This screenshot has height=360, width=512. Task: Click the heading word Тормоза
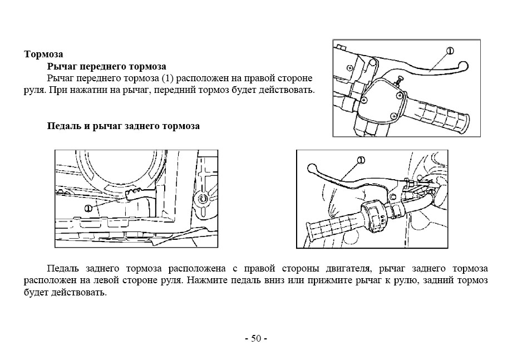click(43, 54)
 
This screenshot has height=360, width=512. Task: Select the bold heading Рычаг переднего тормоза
click(107, 66)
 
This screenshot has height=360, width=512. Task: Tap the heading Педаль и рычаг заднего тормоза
click(124, 126)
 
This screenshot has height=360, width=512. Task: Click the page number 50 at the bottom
click(256, 338)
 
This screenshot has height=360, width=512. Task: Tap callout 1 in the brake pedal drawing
click(88, 208)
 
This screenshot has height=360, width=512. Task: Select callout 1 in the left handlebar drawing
click(361, 160)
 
